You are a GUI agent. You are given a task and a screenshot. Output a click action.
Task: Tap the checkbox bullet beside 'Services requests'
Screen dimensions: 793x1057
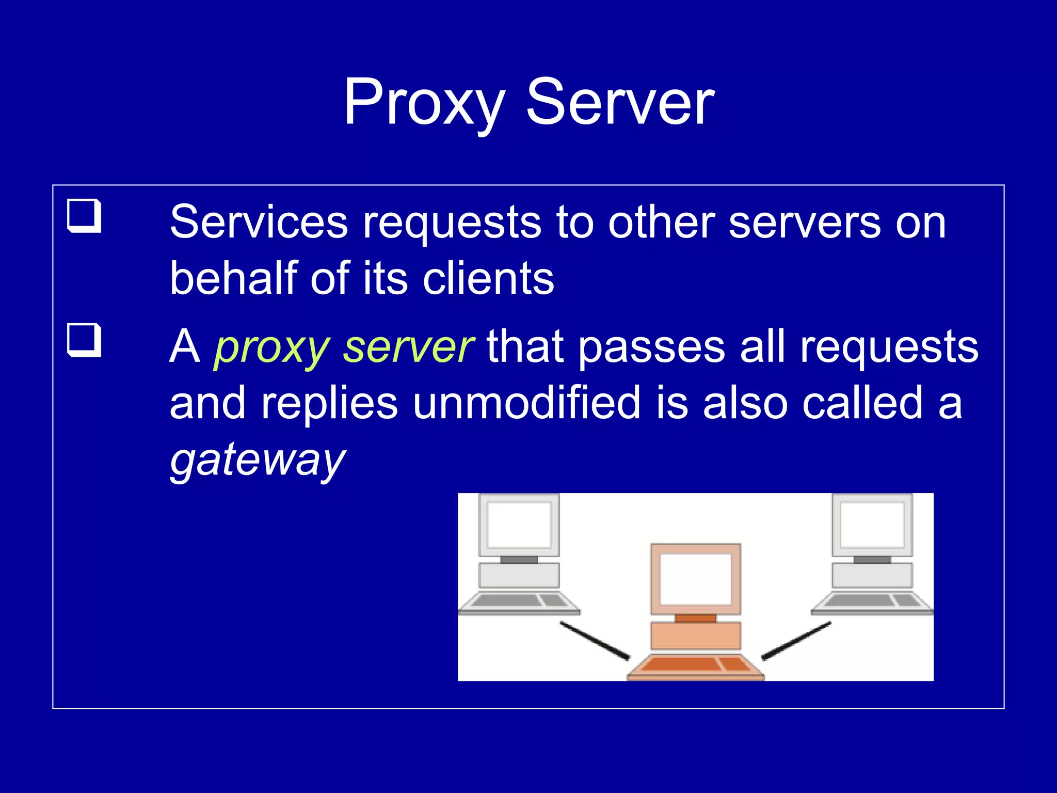[x=84, y=215]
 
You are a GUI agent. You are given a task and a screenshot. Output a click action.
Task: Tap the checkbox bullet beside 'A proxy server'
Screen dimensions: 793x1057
[x=84, y=340]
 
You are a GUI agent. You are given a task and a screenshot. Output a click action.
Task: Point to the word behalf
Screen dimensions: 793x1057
[x=234, y=278]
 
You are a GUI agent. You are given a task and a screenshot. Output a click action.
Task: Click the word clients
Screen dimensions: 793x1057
[x=488, y=278]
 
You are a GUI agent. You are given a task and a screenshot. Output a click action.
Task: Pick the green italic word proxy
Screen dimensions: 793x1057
[x=271, y=348]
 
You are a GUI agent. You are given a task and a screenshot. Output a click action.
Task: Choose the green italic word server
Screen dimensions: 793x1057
[x=408, y=347]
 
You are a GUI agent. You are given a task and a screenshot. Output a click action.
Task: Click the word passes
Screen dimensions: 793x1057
[x=652, y=347]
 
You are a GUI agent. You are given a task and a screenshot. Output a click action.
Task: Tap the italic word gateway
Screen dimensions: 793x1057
[x=258, y=461]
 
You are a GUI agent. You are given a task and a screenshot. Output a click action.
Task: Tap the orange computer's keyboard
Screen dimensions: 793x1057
[x=695, y=665]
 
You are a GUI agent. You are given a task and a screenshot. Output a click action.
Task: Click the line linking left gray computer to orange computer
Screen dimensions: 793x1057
[x=595, y=641]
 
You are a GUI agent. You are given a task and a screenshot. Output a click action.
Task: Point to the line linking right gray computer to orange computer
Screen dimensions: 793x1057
[x=796, y=641]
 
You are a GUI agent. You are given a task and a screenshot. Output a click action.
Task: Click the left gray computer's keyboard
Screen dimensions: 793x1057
[x=519, y=601]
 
